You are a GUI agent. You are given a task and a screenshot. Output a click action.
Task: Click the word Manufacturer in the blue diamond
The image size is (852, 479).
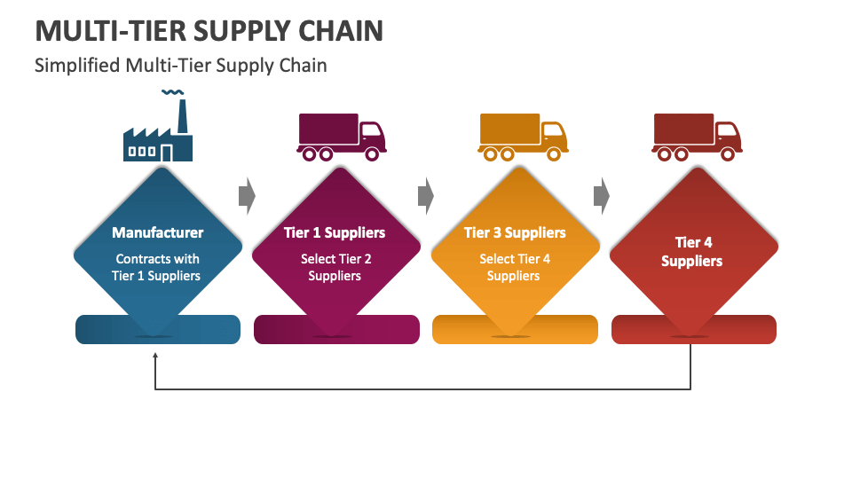click(157, 232)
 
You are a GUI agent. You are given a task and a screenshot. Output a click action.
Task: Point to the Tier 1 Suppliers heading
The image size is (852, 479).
click(335, 232)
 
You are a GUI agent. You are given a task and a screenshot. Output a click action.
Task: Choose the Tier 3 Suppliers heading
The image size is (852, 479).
click(515, 232)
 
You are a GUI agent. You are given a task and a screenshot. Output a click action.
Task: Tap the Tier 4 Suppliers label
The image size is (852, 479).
click(692, 252)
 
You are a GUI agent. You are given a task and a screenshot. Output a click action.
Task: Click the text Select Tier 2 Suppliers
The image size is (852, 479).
click(335, 267)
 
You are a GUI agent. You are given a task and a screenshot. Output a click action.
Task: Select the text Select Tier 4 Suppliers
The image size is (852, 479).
click(515, 267)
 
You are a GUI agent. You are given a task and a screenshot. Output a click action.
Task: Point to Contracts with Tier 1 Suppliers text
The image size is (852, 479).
click(157, 267)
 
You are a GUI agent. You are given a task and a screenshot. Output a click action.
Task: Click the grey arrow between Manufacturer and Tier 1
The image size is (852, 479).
click(247, 195)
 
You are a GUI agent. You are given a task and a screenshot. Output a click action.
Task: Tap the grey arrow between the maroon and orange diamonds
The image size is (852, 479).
click(426, 195)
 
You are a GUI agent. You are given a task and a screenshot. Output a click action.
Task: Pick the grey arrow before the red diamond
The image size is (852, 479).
click(603, 195)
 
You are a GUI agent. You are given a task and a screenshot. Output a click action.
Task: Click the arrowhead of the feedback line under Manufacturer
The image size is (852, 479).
click(155, 356)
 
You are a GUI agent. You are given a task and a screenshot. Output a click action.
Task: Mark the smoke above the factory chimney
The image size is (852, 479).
click(173, 92)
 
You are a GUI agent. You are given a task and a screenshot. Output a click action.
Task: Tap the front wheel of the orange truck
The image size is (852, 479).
click(555, 153)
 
